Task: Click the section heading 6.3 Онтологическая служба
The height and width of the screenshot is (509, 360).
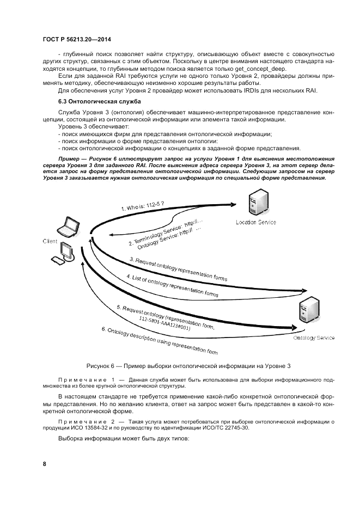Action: click(x=93, y=102)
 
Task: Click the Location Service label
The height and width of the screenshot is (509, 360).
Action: click(x=255, y=222)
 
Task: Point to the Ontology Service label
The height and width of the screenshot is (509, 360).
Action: click(x=314, y=338)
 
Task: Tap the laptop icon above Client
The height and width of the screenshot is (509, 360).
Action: click(x=70, y=226)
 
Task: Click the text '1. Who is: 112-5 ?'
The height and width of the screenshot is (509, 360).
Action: click(x=143, y=206)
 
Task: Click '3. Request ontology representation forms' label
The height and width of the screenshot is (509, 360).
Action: click(x=178, y=269)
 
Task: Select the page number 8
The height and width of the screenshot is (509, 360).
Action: click(x=45, y=463)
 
